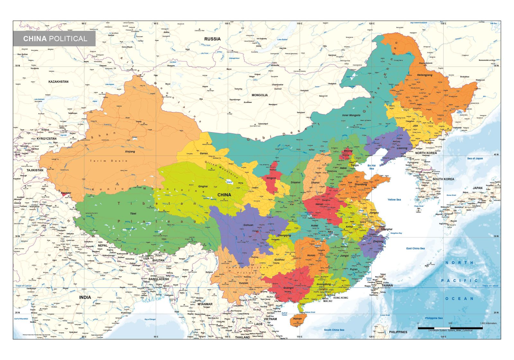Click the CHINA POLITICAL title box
coord(54,39)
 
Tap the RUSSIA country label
coord(212,39)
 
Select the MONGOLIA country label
coord(260,95)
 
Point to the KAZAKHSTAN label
coord(58,82)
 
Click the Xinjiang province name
coord(130,151)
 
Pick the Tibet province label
coord(133,213)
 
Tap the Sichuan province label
coord(248,225)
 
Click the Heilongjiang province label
coord(425,75)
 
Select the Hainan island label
coord(297,319)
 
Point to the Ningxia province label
coord(271,178)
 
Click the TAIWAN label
coord(387,285)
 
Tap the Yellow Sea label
coord(394,200)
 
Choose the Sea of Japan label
coord(475,158)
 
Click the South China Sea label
coord(334,330)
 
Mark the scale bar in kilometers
coord(450,328)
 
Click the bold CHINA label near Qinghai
coord(224,195)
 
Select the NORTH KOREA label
coord(426,153)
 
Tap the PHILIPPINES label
coord(398,332)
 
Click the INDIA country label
coord(85,297)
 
